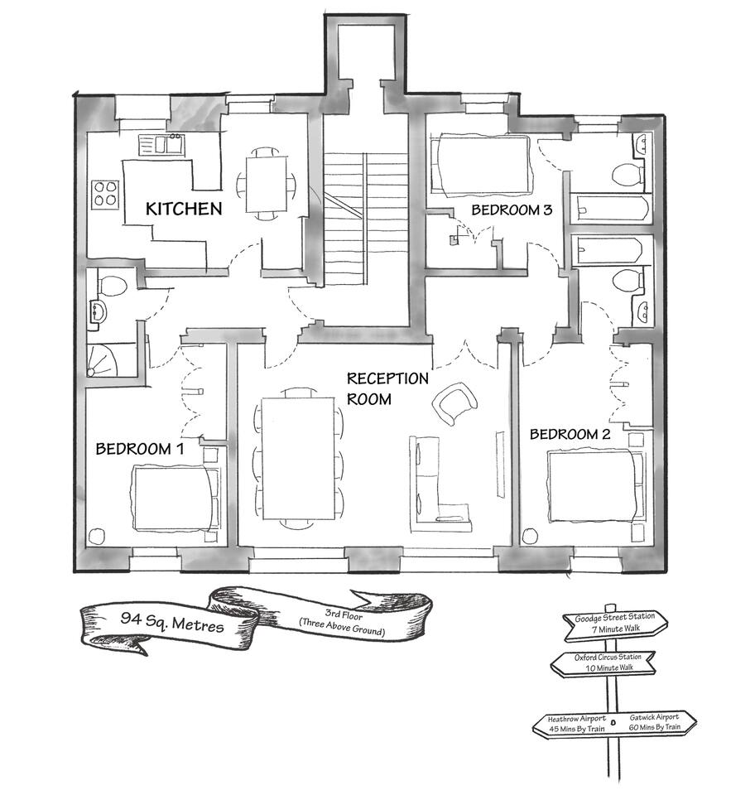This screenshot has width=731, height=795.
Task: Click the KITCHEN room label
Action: point(184,209)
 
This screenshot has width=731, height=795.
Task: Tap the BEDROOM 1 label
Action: point(139,449)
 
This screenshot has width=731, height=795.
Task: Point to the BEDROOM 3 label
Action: point(511,210)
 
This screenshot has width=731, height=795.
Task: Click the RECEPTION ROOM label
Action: point(387,388)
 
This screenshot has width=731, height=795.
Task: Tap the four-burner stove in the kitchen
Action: point(105,193)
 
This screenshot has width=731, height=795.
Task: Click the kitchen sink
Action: point(164,144)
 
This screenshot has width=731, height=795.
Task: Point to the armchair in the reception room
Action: point(454,403)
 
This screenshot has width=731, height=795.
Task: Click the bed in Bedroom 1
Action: point(176,498)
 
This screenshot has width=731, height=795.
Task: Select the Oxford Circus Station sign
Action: point(604,662)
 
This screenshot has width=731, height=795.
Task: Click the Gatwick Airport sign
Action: point(654,722)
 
